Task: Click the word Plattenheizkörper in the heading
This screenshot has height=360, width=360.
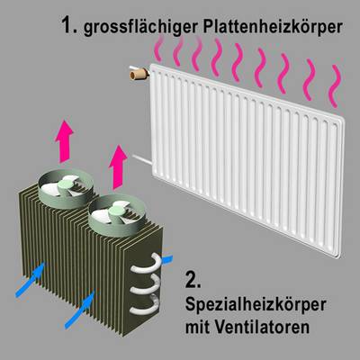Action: pos(273,28)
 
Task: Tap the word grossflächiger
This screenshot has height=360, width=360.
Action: pos(140,28)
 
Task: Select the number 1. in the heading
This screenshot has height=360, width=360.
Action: pos(69,25)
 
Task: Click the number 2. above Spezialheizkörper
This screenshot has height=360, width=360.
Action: pos(193,280)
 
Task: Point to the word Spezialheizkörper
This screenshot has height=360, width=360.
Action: pos(256,306)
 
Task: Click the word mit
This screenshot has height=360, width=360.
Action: pos(197,326)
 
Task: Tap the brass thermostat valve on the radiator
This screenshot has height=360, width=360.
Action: pos(139,73)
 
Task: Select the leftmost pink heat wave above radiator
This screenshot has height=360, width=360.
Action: pos(158,48)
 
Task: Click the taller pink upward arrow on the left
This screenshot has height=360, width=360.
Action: pos(65,141)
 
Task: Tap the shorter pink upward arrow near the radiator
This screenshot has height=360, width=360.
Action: pos(118,166)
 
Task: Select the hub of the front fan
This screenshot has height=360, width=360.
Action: pos(116,211)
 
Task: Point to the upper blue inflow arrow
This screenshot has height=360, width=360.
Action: pos(31,280)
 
